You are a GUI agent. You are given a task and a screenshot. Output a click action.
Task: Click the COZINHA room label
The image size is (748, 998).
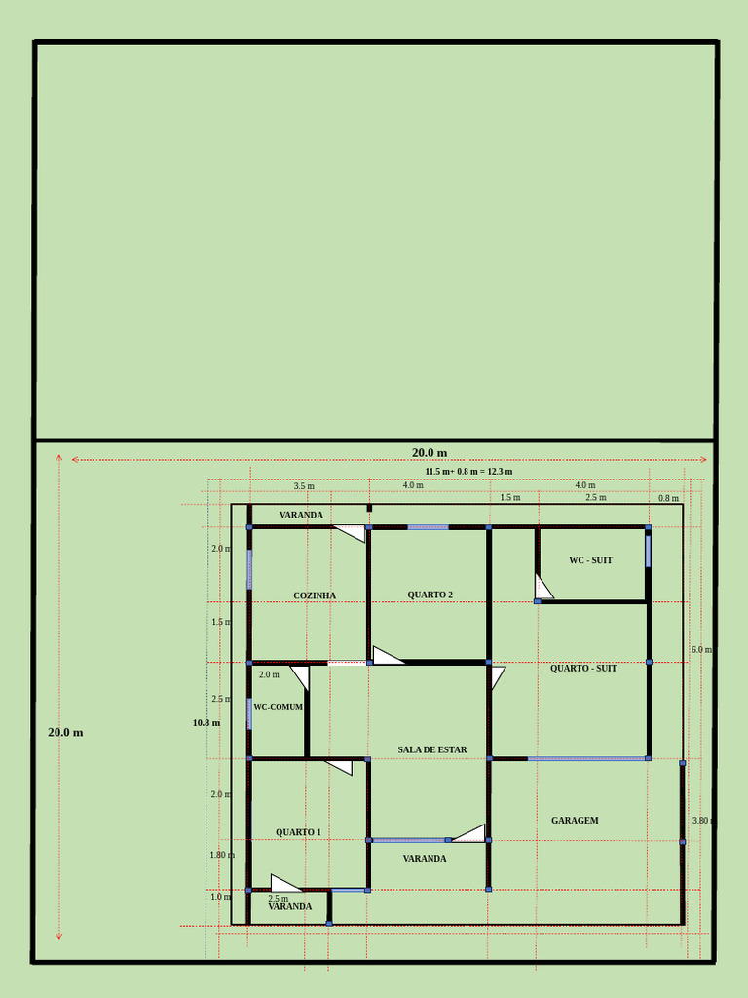click(x=315, y=595)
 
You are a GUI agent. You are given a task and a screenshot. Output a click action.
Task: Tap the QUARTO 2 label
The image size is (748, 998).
click(x=430, y=595)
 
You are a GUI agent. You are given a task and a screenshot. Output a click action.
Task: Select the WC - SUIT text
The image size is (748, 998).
click(x=590, y=560)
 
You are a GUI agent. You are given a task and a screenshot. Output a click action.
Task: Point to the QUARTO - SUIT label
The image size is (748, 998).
click(x=583, y=669)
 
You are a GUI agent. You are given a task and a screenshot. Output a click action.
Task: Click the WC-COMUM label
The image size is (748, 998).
click(x=278, y=707)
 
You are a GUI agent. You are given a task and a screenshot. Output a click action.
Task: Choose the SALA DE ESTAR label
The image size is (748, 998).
click(x=431, y=749)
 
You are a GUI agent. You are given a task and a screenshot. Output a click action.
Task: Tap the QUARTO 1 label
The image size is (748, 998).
click(x=298, y=832)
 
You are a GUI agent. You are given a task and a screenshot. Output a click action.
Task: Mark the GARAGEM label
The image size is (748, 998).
click(x=575, y=821)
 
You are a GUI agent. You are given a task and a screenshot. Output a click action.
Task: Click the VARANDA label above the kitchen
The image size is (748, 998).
click(x=301, y=515)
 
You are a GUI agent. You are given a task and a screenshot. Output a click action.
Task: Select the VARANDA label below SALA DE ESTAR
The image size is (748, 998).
click(x=425, y=859)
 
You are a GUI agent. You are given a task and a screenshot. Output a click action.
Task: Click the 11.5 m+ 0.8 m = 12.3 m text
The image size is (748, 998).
click(x=468, y=471)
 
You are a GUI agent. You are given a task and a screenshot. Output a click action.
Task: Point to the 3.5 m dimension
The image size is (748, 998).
click(x=304, y=485)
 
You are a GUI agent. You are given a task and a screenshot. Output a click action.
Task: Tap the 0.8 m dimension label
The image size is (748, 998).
click(x=668, y=498)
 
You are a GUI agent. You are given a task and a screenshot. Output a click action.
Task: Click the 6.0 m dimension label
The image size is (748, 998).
click(x=701, y=649)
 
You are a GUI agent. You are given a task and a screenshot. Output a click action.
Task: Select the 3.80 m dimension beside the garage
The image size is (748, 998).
click(x=702, y=821)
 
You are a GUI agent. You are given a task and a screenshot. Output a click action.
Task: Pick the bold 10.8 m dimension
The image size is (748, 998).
click(x=206, y=723)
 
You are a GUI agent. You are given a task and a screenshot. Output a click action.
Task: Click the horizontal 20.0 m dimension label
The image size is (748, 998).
click(x=429, y=452)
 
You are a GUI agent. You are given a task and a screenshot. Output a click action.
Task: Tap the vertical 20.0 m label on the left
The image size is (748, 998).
click(x=65, y=732)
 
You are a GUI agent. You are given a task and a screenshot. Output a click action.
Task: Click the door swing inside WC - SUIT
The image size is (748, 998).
click(x=542, y=588)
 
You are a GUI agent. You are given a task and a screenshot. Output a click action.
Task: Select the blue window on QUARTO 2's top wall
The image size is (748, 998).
click(x=428, y=527)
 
